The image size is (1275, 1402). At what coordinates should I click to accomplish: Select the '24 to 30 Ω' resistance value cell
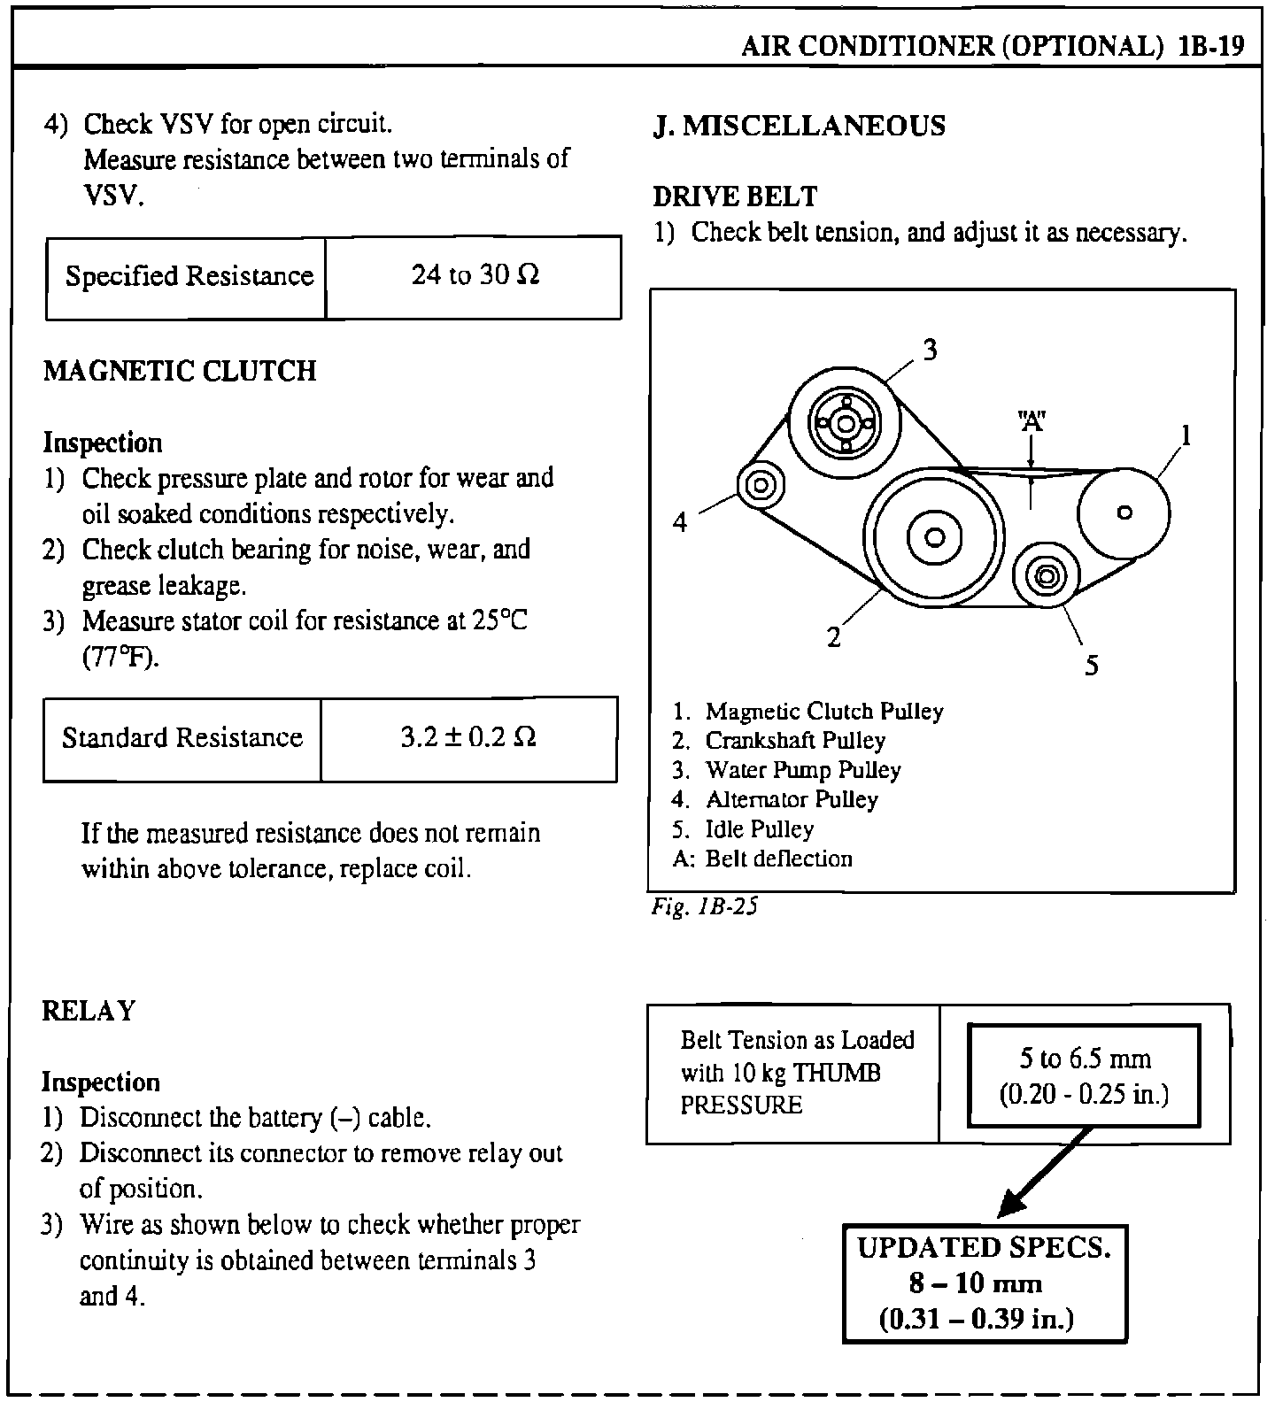tap(475, 276)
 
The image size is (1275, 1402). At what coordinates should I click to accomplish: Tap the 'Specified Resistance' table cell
tap(189, 276)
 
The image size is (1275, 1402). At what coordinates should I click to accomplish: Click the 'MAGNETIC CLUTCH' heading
tap(180, 371)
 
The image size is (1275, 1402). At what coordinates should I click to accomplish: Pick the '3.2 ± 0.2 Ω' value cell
tap(468, 737)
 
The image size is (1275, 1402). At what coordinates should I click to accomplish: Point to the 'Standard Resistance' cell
tap(182, 737)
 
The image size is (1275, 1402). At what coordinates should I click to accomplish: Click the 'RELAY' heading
tap(89, 1011)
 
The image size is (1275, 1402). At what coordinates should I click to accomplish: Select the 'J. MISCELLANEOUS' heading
tap(800, 126)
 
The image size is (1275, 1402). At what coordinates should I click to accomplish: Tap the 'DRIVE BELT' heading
tap(735, 196)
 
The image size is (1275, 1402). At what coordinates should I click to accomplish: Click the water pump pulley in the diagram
tap(845, 424)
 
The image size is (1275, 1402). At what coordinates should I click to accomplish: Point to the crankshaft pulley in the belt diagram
tap(934, 536)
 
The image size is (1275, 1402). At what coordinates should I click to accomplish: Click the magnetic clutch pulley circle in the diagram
tap(1124, 512)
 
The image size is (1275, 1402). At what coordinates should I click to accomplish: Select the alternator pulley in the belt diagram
tap(761, 485)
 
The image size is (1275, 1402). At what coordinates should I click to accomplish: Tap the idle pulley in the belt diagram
tap(1046, 576)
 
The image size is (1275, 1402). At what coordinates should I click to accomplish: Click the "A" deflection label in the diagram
tap(1032, 421)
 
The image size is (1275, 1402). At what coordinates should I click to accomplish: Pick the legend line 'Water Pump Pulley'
tap(802, 770)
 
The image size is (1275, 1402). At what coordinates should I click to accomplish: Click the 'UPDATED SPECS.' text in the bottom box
tap(984, 1247)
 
